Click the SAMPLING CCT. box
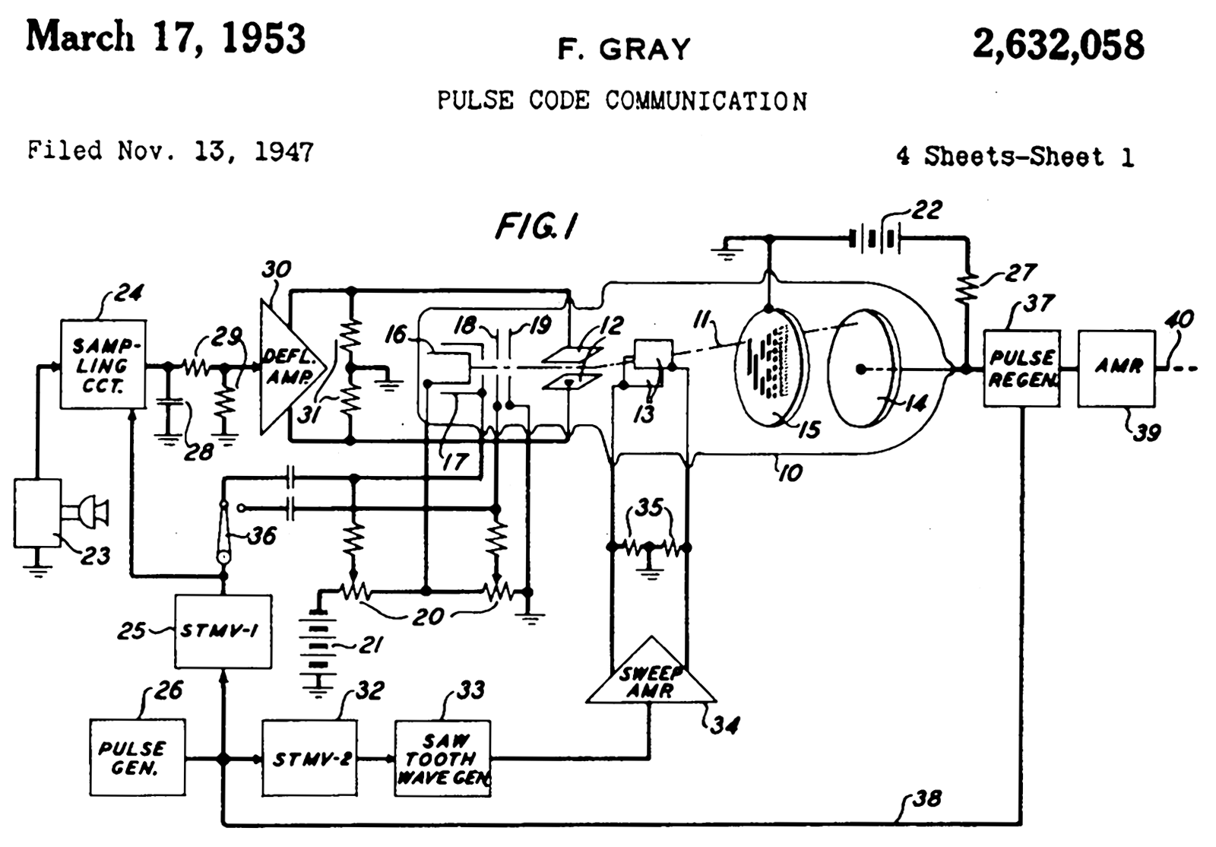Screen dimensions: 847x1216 (103, 364)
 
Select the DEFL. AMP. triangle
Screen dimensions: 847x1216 (285, 368)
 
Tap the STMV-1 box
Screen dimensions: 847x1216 (223, 631)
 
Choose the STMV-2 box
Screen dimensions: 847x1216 (309, 758)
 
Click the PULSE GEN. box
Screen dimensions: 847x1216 (137, 757)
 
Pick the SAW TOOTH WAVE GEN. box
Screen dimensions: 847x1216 (442, 758)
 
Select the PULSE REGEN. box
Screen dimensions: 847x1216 (1021, 368)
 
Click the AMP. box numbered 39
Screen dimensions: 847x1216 (1116, 368)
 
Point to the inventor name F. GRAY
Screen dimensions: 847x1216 (624, 49)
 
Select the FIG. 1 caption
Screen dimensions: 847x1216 (537, 226)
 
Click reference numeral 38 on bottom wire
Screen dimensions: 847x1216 (926, 798)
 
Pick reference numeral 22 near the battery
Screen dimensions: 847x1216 (926, 210)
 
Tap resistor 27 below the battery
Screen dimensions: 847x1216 (967, 287)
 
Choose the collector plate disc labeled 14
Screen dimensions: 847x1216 (863, 368)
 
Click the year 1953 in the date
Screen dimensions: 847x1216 (264, 38)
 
